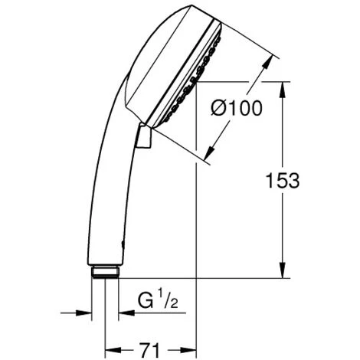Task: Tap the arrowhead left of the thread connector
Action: [x=83, y=313]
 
